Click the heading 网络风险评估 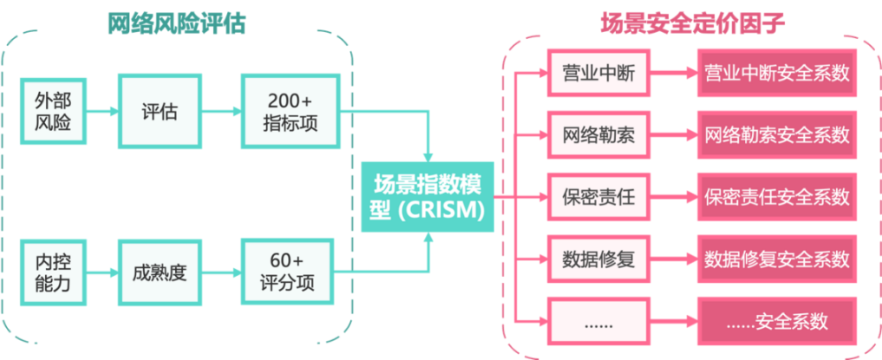[177, 23]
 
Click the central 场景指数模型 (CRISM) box [428, 196]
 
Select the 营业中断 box [598, 74]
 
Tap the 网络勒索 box [598, 135]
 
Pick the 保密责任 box [598, 197]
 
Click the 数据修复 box [598, 259]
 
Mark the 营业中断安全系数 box [777, 74]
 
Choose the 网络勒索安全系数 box [777, 135]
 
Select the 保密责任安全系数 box [777, 197]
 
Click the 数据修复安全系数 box [777, 259]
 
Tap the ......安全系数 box [777, 322]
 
